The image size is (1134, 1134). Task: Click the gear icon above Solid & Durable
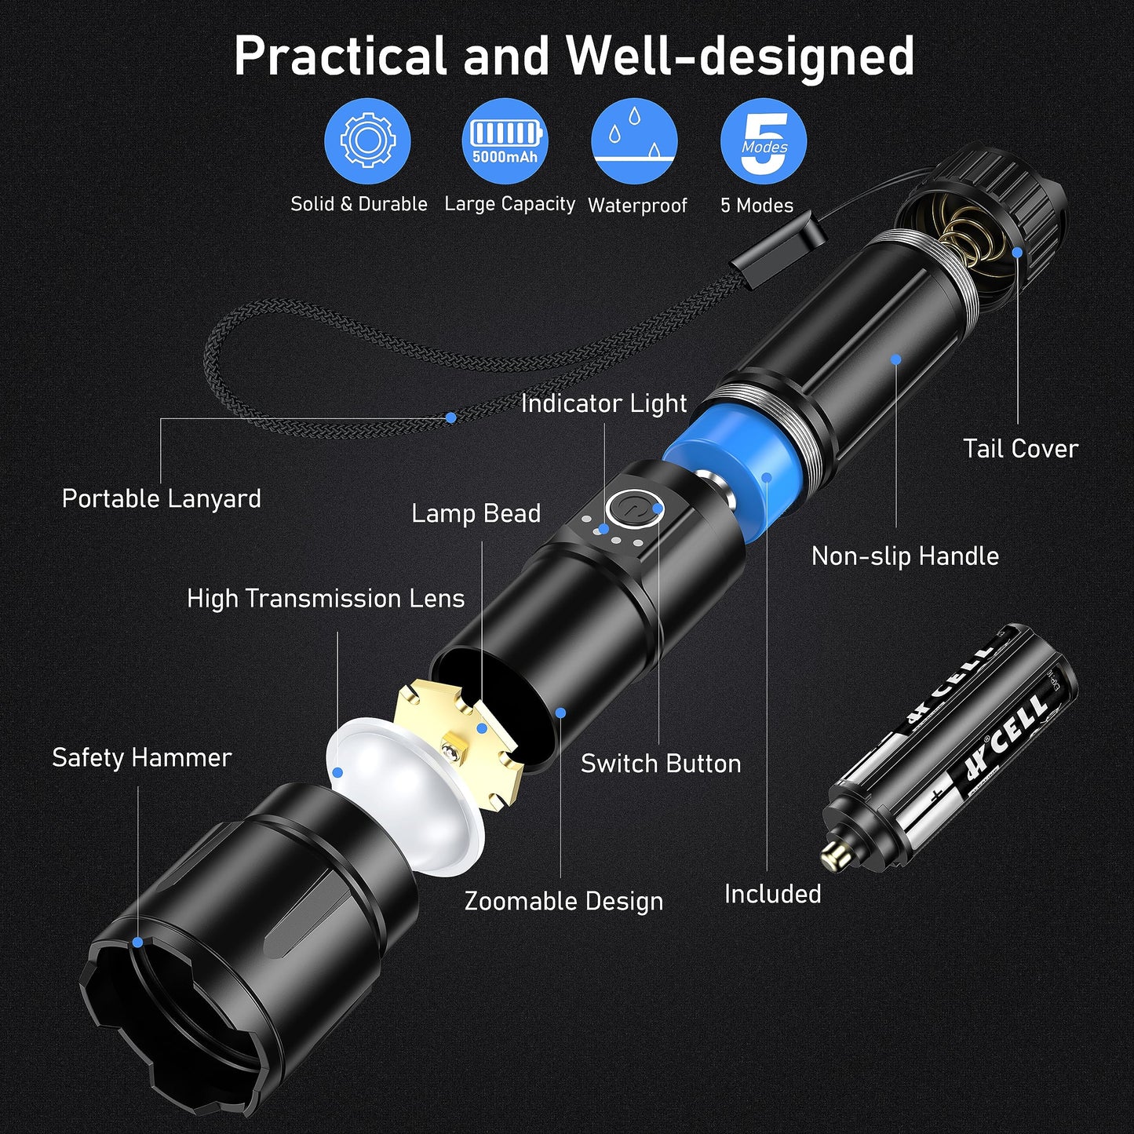(366, 140)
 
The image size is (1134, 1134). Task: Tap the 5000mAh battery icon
(505, 140)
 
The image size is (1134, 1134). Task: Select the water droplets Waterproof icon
(634, 140)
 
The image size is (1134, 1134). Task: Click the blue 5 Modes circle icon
(764, 140)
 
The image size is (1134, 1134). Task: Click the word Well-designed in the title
(740, 57)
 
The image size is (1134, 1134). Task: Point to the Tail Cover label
(1020, 449)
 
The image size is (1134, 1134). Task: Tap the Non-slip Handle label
(905, 556)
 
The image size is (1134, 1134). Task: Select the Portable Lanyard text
(161, 499)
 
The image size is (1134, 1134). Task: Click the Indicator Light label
(603, 403)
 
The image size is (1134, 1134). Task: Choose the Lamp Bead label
(476, 513)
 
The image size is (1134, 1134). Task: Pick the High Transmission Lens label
(326, 599)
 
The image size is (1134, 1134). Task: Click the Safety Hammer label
(141, 758)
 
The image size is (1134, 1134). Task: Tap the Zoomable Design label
(563, 901)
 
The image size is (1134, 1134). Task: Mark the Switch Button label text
(661, 764)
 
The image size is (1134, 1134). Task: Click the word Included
(772, 894)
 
